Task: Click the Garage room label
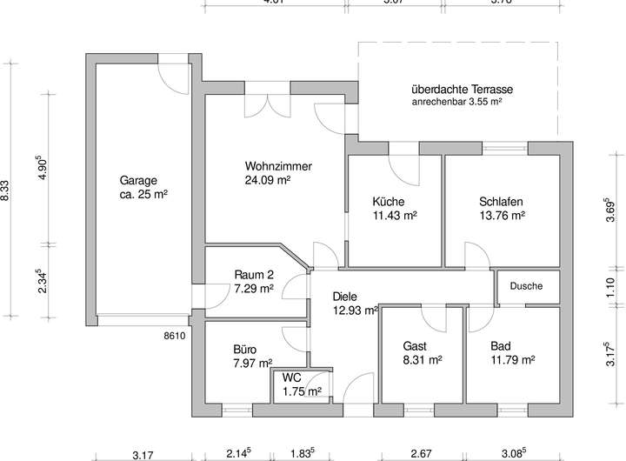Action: pyautogui.click(x=139, y=181)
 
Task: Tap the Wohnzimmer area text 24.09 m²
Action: pyautogui.click(x=267, y=181)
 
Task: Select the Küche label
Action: pyautogui.click(x=388, y=200)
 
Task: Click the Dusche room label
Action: pyautogui.click(x=526, y=285)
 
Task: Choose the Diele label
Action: pyautogui.click(x=345, y=296)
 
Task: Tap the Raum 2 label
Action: pyautogui.click(x=254, y=273)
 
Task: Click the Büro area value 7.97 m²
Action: pyautogui.click(x=252, y=363)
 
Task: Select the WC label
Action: pyautogui.click(x=291, y=378)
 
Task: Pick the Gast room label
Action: pyautogui.click(x=415, y=344)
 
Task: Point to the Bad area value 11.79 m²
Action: pyautogui.click(x=512, y=358)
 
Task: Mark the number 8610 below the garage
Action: pyautogui.click(x=174, y=334)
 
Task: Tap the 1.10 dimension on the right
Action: pyautogui.click(x=610, y=287)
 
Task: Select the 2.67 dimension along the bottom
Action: pyautogui.click(x=421, y=453)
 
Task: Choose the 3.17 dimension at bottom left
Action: pyautogui.click(x=143, y=453)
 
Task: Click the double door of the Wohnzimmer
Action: pyautogui.click(x=269, y=103)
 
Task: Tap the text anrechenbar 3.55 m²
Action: pyautogui.click(x=458, y=102)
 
